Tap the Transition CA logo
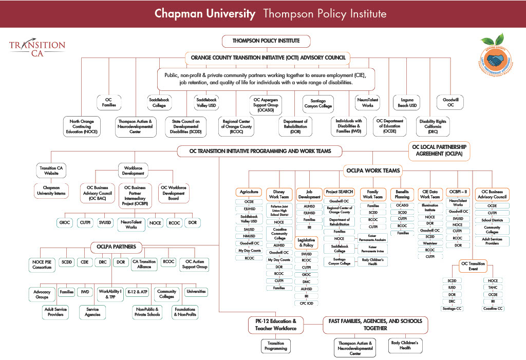37,48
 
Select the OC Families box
108,102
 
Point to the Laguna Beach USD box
406,102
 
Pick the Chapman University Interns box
53,190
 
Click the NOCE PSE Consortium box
41,264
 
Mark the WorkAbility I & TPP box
110,294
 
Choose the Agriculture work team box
249,192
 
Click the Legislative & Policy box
306,242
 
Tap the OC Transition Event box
473,266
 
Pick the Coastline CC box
493,308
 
